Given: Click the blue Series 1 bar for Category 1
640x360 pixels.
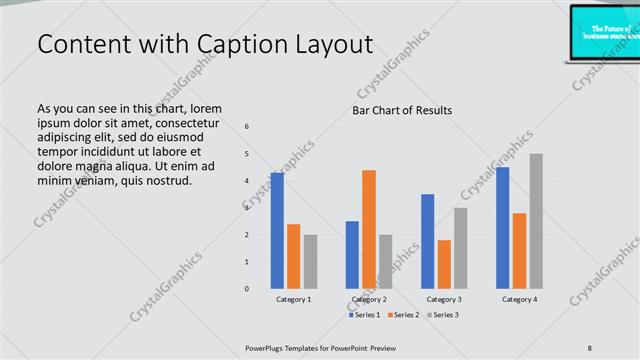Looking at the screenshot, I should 277,230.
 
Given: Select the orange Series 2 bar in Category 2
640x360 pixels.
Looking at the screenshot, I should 369,229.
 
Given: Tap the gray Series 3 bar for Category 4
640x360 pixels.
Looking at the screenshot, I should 536,221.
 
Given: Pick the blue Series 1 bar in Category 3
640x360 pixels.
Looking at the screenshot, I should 427,241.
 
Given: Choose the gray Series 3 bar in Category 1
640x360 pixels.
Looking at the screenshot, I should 310,261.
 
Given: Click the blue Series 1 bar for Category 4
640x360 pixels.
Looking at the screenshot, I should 502,227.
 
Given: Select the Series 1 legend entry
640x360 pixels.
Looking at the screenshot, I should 365,315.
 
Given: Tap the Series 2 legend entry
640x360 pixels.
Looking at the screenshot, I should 402,315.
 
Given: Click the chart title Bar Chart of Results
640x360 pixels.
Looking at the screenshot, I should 402,110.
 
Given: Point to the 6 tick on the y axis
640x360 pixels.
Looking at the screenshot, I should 247,126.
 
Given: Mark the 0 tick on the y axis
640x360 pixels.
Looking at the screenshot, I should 247,289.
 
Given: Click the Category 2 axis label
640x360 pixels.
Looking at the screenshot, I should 369,299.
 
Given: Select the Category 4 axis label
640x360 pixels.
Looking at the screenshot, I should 519,299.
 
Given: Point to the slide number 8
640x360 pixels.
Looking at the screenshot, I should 590,347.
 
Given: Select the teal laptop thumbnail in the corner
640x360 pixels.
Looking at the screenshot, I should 605,31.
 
